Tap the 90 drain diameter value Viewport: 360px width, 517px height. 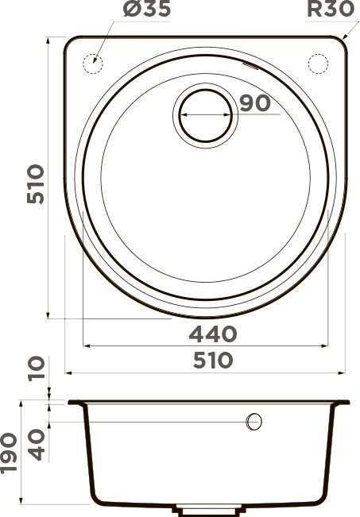click(253, 103)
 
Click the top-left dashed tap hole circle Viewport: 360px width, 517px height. click(92, 61)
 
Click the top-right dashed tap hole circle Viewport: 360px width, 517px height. click(317, 61)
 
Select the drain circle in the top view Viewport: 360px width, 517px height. click(205, 114)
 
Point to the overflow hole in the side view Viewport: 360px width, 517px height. click(254, 421)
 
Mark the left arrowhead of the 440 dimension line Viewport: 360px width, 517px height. click(87, 346)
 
